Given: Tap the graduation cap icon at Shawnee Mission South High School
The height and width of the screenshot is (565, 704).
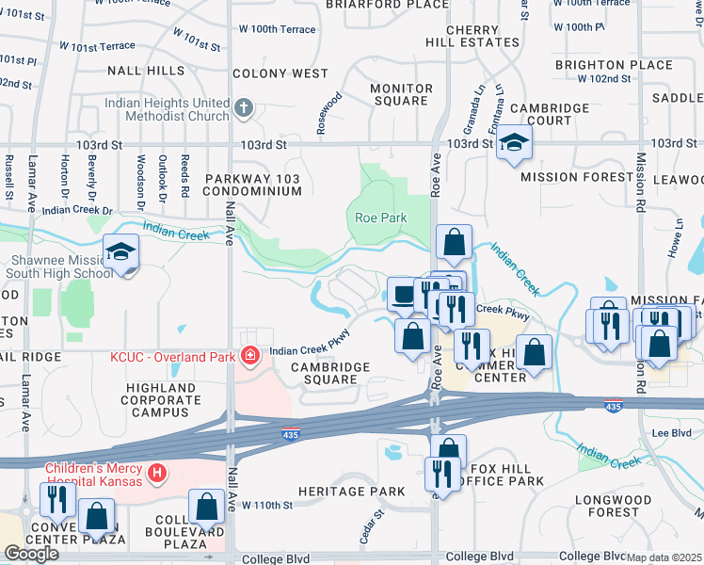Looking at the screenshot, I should click(x=121, y=251).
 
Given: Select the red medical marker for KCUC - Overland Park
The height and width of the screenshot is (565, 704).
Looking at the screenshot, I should click(x=250, y=355).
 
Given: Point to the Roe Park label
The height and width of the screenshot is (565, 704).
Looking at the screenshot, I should click(x=380, y=218).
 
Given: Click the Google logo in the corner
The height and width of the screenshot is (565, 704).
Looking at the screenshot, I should click(x=31, y=554).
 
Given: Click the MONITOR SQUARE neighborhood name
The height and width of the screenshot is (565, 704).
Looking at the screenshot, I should click(x=401, y=95).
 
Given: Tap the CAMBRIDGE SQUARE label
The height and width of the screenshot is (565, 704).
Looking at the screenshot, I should click(x=324, y=373).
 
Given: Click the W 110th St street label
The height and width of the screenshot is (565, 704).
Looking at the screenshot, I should click(x=268, y=506).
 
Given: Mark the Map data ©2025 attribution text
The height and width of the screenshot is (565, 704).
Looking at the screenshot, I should click(x=664, y=557).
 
